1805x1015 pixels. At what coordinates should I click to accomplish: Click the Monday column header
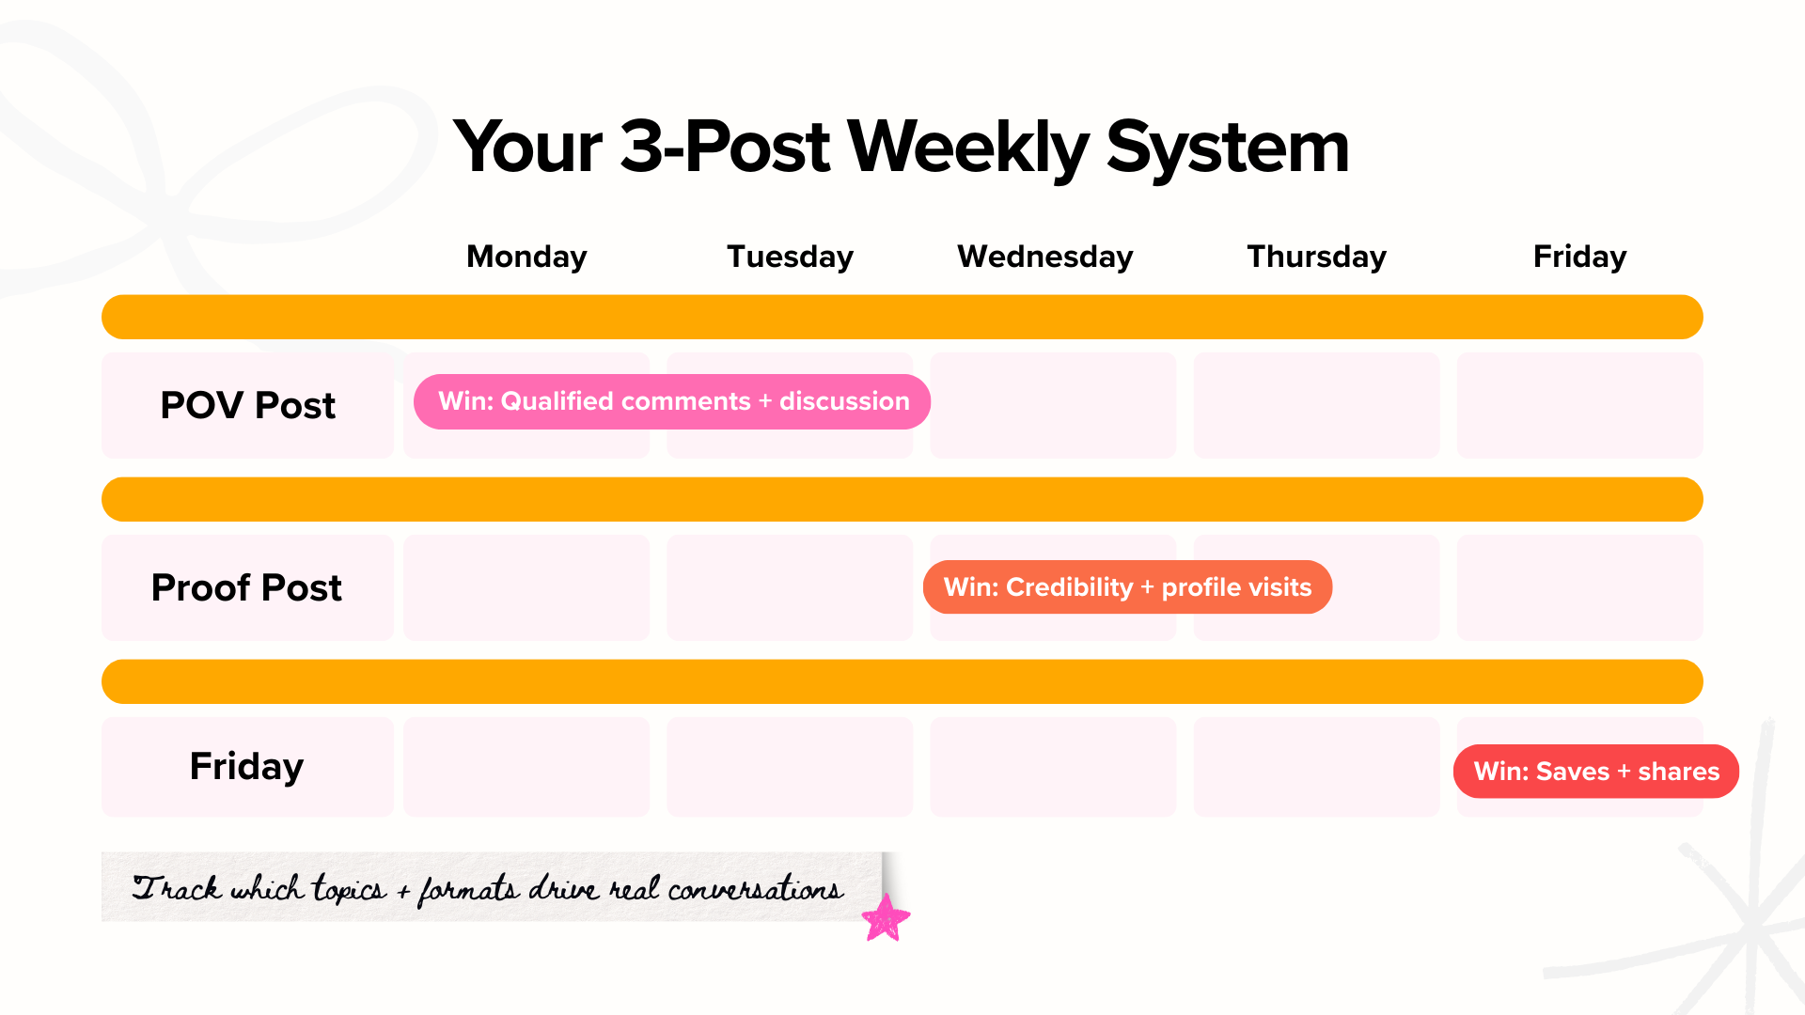(x=526, y=257)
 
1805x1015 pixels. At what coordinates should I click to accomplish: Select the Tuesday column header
(x=790, y=257)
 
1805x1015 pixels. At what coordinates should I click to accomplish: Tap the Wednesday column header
(x=1044, y=257)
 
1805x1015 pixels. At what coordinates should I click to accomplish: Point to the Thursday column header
(x=1316, y=257)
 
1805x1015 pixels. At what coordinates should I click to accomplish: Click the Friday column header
(x=1579, y=257)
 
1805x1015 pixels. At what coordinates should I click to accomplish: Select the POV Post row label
(x=247, y=405)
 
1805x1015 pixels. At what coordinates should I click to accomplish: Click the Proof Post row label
(x=246, y=587)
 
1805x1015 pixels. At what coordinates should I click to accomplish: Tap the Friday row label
(x=246, y=766)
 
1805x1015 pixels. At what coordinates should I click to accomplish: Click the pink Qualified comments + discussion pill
(x=672, y=401)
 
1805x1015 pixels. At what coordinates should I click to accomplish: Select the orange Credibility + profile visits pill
(x=1127, y=587)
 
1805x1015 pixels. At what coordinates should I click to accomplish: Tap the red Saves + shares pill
(x=1595, y=772)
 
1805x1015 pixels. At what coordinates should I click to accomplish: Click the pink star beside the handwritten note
(x=886, y=918)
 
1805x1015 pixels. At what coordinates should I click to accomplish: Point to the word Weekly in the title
(x=968, y=148)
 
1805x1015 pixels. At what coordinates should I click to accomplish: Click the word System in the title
(x=1227, y=148)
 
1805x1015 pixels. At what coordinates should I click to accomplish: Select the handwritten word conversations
(x=755, y=889)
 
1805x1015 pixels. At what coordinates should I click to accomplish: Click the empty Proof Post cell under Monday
(x=526, y=587)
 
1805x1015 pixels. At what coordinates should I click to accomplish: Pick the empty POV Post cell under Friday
(x=1579, y=405)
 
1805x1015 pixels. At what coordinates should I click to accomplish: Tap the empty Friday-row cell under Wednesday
(x=1053, y=766)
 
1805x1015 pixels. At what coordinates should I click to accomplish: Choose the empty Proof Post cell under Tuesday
(x=790, y=587)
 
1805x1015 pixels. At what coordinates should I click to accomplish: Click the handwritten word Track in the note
(x=176, y=888)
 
